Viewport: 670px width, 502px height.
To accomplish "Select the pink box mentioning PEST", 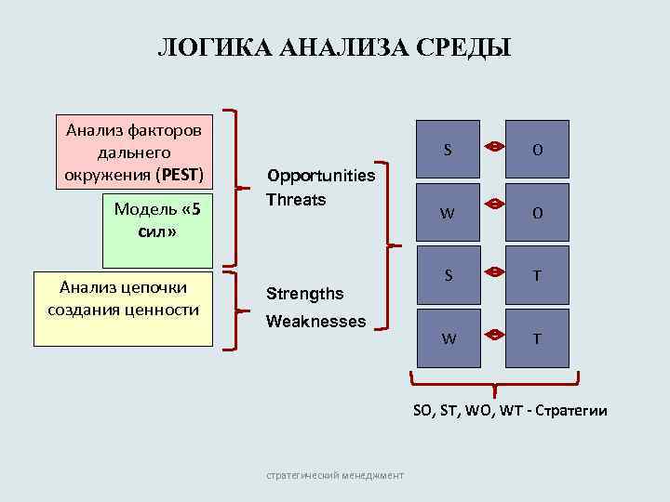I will coord(134,152).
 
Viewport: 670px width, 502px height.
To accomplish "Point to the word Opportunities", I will coord(321,176).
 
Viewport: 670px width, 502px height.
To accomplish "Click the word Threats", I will coord(296,199).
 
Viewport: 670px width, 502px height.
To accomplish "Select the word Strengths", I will coord(304,294).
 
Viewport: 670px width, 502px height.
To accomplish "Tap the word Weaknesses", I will coord(315,322).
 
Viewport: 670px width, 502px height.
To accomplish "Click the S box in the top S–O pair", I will coord(448,150).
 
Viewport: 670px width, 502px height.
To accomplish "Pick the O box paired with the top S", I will coord(538,150).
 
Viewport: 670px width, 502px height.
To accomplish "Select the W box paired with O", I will coord(448,213).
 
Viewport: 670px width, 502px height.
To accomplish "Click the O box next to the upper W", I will coord(538,213).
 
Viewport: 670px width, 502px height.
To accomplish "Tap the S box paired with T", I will coord(448,276).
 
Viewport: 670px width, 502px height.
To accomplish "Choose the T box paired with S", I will coord(538,276).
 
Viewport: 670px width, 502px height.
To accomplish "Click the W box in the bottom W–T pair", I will coord(448,338).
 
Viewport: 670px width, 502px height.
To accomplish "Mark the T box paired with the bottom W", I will coord(538,338).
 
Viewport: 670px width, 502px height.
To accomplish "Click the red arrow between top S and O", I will coord(493,146).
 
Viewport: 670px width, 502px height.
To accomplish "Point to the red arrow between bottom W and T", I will coord(493,335).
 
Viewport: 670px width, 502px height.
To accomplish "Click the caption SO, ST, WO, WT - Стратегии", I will coord(509,410).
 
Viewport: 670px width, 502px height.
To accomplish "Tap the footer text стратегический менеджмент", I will coord(335,475).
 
